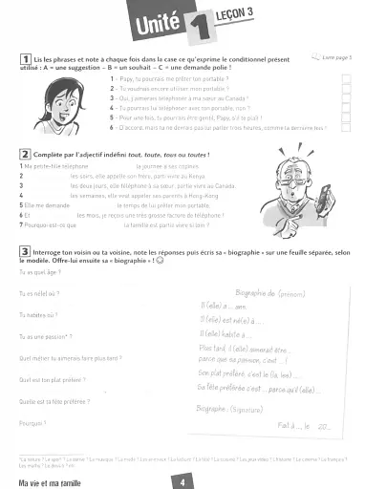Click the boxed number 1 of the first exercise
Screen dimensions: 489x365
(23, 58)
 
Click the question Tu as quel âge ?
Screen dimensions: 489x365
(37, 272)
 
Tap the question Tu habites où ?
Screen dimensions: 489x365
(39, 314)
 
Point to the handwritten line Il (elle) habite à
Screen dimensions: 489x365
(229, 333)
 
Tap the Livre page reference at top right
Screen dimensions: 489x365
(336, 57)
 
